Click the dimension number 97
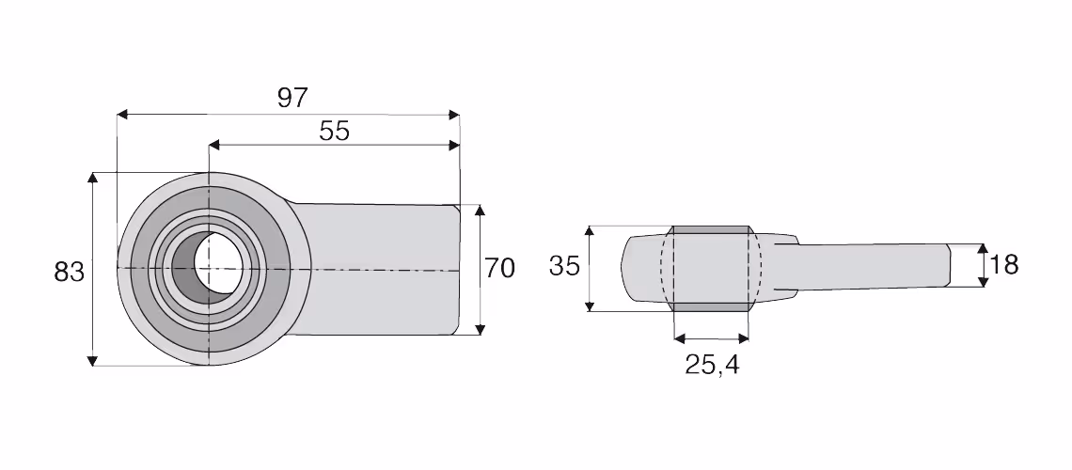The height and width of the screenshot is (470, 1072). coord(292,99)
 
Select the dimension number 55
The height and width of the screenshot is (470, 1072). coord(335,131)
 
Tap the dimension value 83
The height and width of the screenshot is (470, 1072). coord(69,272)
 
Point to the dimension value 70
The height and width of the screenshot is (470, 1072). coord(499,269)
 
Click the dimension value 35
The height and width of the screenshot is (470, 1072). coord(565,265)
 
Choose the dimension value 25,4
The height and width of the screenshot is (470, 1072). coord(713,366)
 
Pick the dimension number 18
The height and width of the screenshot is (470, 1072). coord(1003,264)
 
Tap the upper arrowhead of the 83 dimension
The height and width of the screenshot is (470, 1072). coord(93,179)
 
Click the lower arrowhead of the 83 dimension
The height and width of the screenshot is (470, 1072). coord(93,360)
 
